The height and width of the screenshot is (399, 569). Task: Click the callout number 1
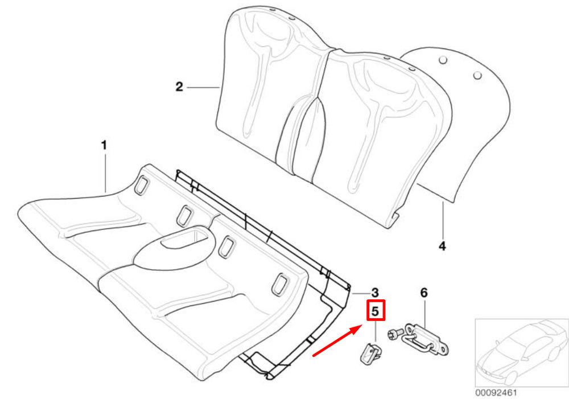[104, 146]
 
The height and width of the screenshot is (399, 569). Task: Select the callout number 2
[179, 87]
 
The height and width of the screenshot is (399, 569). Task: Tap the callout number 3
[375, 292]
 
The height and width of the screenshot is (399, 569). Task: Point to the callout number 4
[442, 246]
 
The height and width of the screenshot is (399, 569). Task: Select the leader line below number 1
[105, 171]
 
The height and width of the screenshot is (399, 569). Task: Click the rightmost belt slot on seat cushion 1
[281, 283]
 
